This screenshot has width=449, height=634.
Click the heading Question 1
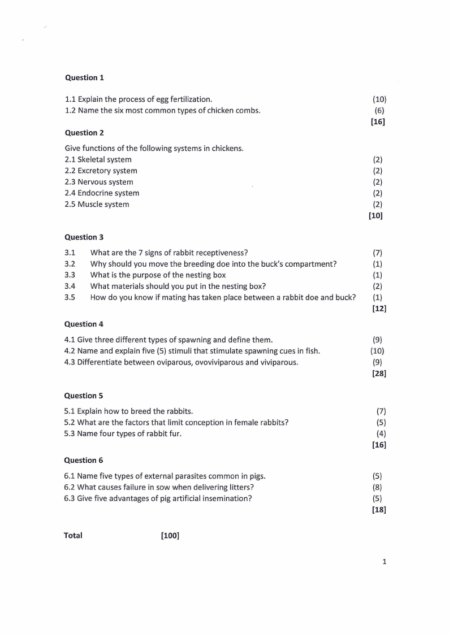tap(84, 77)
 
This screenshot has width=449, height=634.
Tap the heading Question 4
tap(84, 324)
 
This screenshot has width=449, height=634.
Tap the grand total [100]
tap(170, 536)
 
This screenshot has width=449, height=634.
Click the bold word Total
tap(73, 536)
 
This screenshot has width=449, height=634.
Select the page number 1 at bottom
tap(384, 562)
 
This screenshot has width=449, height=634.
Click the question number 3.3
tap(70, 275)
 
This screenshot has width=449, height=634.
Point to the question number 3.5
tap(70, 297)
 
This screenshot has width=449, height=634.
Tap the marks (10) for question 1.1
tap(379, 99)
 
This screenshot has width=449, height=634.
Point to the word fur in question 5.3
tap(174, 434)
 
